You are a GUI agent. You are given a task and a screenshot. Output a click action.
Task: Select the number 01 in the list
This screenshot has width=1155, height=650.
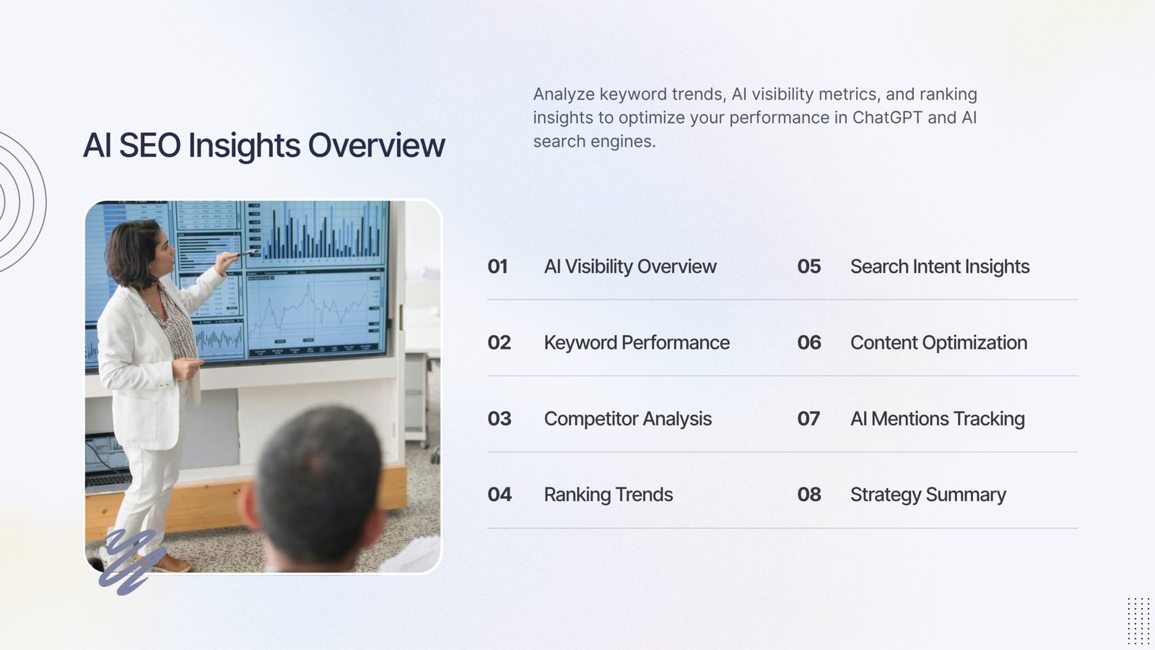click(497, 266)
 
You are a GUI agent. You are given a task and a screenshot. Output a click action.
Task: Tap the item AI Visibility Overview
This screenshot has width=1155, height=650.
click(629, 266)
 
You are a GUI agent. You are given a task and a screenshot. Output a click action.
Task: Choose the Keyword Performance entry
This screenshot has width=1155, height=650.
click(636, 342)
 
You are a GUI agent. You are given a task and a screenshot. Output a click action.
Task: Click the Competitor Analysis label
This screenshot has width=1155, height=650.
click(627, 419)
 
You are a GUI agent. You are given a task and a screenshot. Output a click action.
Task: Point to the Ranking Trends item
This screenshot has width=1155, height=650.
click(608, 495)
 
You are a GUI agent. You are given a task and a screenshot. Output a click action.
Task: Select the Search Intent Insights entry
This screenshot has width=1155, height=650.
click(939, 266)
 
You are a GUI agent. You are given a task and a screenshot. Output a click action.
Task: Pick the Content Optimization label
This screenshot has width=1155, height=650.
click(938, 342)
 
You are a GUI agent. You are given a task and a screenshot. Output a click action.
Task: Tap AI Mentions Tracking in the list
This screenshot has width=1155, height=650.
click(937, 419)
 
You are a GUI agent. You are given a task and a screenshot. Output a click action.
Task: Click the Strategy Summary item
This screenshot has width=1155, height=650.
click(928, 495)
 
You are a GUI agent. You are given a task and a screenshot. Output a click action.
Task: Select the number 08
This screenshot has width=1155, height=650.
click(808, 495)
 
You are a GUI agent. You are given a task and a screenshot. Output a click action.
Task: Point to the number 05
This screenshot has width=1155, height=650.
click(808, 266)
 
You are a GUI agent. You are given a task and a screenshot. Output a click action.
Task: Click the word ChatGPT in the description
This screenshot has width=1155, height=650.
click(887, 118)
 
